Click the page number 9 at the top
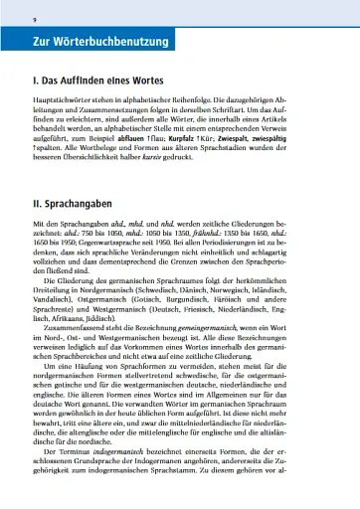coord(35,18)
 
